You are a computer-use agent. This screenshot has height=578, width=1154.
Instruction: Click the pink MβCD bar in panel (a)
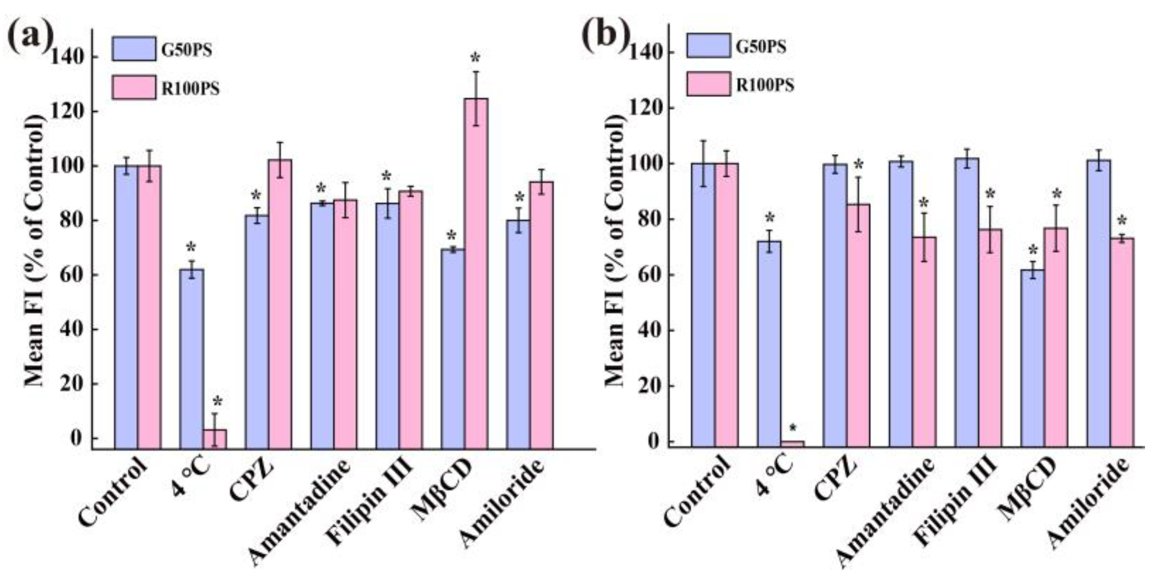click(476, 273)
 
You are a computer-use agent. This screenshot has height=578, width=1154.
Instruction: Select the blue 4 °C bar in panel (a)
click(192, 358)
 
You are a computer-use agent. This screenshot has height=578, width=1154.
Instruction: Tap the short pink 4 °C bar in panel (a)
click(215, 439)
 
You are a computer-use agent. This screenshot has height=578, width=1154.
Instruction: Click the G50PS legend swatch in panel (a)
click(134, 49)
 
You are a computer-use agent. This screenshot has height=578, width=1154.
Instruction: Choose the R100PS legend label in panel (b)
click(765, 85)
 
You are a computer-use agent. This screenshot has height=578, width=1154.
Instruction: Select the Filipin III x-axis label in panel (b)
click(956, 506)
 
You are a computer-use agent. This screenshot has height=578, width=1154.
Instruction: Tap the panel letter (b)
click(605, 35)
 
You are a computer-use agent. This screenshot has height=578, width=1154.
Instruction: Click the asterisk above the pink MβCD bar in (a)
click(475, 59)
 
